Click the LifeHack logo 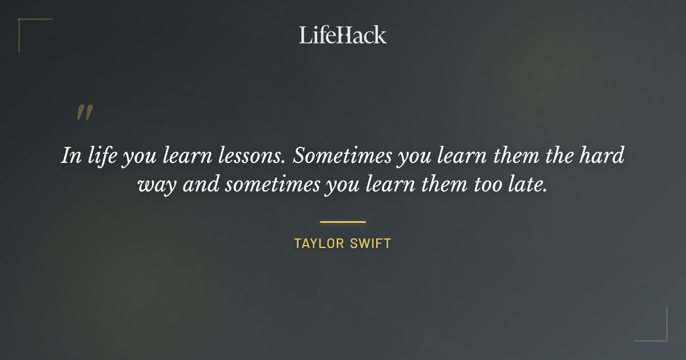342,35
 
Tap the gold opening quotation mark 84,113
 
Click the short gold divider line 342,222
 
